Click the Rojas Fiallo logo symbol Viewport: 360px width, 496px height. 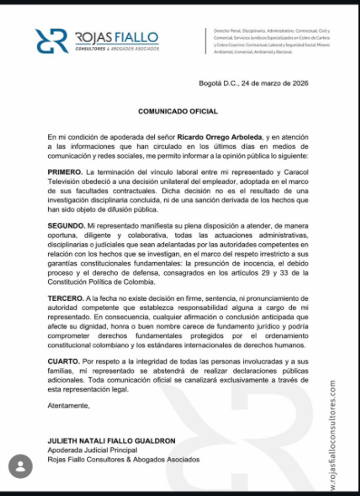(x=52, y=41)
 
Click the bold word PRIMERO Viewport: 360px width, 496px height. (x=65, y=171)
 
